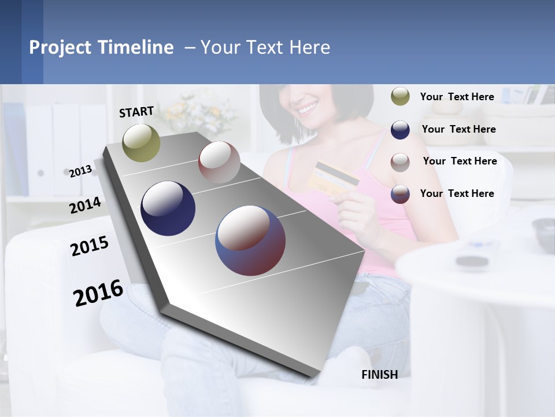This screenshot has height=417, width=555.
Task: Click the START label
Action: [136, 112]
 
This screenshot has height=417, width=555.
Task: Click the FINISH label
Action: [379, 375]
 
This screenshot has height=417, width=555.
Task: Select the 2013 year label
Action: [80, 171]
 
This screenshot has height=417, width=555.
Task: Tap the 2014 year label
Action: [85, 206]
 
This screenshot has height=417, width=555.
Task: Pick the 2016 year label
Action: [98, 293]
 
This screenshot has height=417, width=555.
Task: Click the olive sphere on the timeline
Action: [141, 142]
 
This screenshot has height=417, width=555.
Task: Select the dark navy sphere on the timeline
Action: [168, 209]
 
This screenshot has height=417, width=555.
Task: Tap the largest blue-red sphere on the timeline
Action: [250, 240]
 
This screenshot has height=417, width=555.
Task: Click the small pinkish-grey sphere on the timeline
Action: [219, 162]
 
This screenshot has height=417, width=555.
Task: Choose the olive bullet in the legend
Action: [400, 97]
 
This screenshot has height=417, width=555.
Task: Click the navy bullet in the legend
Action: [400, 129]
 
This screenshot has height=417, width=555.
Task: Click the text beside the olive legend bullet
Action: [457, 97]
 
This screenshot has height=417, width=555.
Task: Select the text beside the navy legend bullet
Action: [458, 129]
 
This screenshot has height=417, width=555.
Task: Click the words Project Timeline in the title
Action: [101, 47]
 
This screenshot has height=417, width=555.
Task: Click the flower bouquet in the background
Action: [202, 113]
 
